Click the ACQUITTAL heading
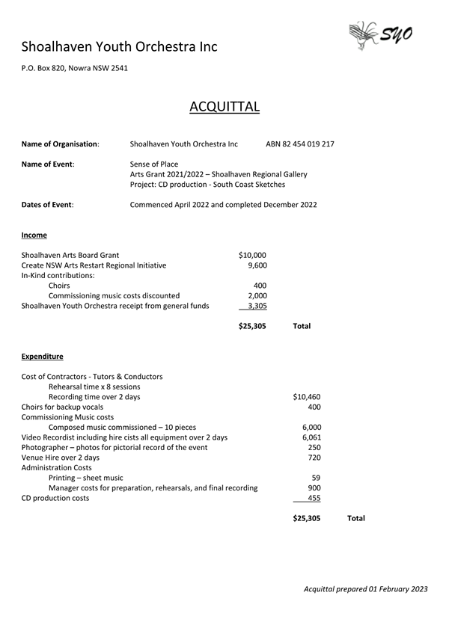point(224,106)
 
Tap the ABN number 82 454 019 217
point(300,144)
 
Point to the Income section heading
point(34,235)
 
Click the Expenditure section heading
point(42,357)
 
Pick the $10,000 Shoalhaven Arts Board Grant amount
point(251,255)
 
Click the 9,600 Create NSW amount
point(257,265)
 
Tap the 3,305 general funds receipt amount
point(257,305)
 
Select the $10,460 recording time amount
point(307,397)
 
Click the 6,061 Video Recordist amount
point(311,437)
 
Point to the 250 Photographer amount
point(314,447)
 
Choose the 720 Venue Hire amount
point(314,458)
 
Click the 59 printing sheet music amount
point(316,478)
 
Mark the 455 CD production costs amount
point(314,498)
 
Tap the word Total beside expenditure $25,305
point(356,518)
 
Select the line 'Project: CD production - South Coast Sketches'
point(207,184)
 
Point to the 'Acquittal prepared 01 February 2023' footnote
point(365,589)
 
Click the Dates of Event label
point(48,204)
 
